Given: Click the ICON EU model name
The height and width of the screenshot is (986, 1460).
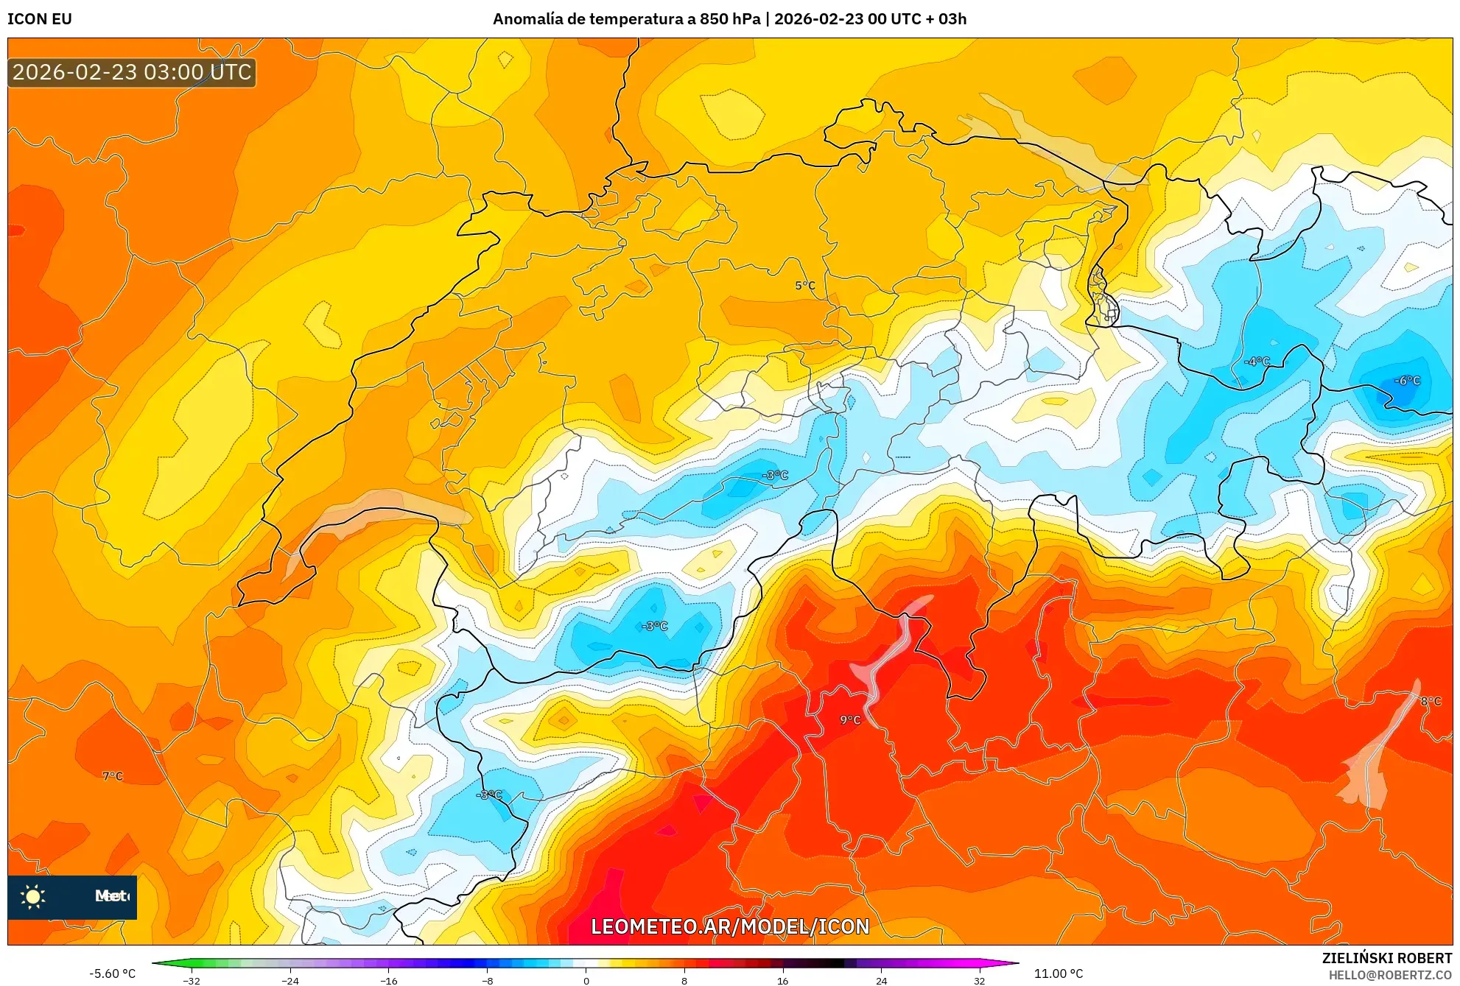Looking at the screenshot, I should point(40,19).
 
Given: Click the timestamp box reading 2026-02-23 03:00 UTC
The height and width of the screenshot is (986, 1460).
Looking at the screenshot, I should point(132,72).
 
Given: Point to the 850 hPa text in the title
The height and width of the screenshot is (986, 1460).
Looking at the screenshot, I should point(730,19).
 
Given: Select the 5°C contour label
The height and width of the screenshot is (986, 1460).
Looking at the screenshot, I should point(805,286).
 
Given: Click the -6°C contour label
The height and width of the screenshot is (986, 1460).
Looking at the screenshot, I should point(1407,381).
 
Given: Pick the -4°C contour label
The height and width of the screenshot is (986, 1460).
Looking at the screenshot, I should point(1257,362).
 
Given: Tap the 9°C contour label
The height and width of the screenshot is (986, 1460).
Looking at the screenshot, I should point(850,720).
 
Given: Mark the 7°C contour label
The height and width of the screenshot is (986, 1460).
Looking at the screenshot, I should point(113,776).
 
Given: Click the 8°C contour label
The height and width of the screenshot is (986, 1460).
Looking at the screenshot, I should point(1431,702).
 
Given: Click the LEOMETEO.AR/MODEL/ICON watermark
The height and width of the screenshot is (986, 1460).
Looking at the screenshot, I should point(730,926).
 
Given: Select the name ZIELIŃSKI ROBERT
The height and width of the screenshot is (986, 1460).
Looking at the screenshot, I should point(1386,958).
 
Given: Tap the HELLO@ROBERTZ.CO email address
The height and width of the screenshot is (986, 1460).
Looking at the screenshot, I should point(1389,975).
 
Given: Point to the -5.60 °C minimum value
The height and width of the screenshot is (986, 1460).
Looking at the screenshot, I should point(113,973).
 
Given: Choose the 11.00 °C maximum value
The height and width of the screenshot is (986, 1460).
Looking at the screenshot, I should point(1058,973).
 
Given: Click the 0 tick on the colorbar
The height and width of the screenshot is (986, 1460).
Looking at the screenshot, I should point(586,980).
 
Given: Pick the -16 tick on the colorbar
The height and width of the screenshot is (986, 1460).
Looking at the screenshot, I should point(389,980).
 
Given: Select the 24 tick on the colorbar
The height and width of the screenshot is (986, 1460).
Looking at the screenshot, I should point(881,980).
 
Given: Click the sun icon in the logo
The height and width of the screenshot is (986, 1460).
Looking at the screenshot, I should point(33,897).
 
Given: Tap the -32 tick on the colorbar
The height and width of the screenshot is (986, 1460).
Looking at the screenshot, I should point(192,980).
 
